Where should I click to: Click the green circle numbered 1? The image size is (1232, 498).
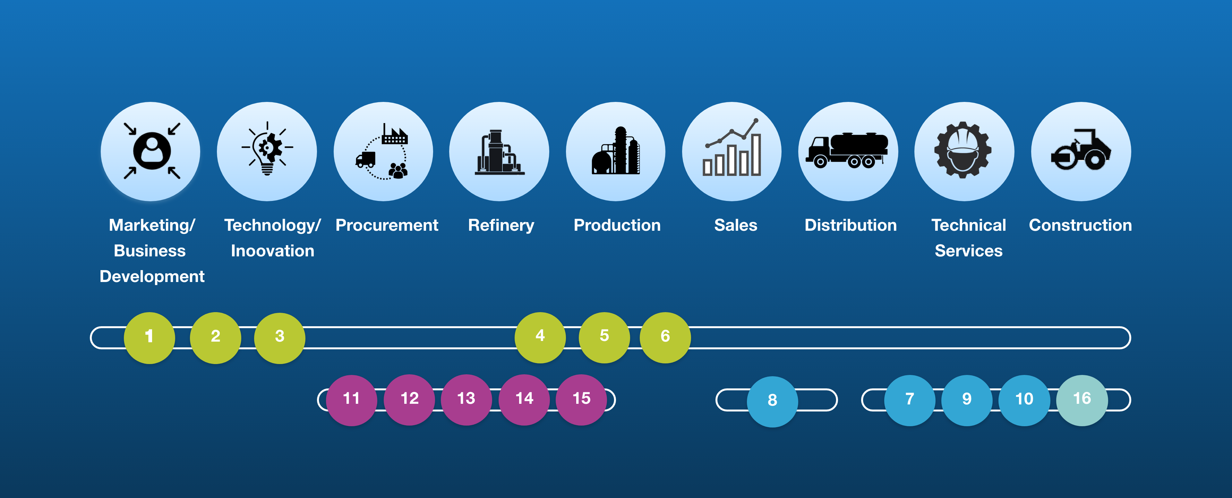pyautogui.click(x=149, y=337)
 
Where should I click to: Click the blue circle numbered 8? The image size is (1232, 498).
pyautogui.click(x=772, y=401)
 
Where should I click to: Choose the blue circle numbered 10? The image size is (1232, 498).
pyautogui.click(x=1024, y=400)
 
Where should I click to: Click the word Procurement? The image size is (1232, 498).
pyautogui.click(x=386, y=225)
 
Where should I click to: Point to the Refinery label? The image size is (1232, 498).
pyautogui.click(x=501, y=225)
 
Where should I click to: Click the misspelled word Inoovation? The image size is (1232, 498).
pyautogui.click(x=272, y=251)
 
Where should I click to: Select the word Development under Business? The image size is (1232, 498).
pyautogui.click(x=152, y=277)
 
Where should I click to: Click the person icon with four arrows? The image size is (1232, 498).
pyautogui.click(x=151, y=151)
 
